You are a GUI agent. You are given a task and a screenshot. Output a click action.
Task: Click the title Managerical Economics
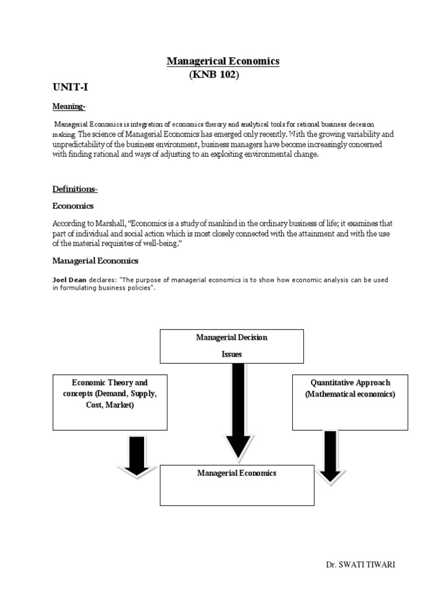tap(223, 61)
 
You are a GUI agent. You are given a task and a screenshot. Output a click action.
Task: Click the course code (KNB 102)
tap(214, 75)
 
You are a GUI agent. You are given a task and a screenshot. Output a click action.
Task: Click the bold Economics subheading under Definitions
tap(73, 206)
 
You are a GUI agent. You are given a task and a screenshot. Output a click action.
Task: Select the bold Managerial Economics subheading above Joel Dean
tap(96, 261)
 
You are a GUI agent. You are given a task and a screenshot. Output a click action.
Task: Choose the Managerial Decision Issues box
tap(232, 346)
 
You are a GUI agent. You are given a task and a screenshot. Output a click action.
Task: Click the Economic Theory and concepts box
tap(110, 402)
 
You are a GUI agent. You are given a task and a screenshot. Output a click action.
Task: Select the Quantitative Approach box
tap(350, 402)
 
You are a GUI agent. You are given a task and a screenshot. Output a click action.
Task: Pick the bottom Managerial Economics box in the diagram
tap(237, 484)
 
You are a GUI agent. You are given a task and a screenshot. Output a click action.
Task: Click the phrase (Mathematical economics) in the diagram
tap(350, 394)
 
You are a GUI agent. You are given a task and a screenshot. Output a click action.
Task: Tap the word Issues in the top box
tap(232, 354)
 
